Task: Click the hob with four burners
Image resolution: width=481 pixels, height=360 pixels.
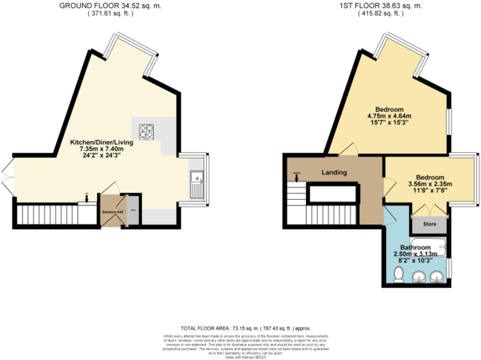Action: click(x=146, y=132)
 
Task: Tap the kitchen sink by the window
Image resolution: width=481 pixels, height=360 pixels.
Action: click(x=196, y=184)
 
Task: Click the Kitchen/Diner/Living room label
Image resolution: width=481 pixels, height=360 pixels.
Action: click(x=102, y=142)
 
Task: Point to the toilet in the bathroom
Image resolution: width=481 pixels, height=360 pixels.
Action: click(x=399, y=275)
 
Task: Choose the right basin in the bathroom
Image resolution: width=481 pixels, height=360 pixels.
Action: click(x=436, y=276)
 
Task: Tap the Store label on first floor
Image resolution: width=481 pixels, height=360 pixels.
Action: click(x=429, y=224)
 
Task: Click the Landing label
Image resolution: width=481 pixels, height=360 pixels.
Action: click(x=334, y=172)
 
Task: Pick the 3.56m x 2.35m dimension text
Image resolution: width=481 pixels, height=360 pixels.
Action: click(x=430, y=184)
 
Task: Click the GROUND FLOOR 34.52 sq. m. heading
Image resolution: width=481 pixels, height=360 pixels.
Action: click(x=110, y=6)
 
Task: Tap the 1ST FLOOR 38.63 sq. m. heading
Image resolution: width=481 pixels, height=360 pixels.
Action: click(x=380, y=6)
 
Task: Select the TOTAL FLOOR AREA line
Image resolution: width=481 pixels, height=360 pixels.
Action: click(x=245, y=328)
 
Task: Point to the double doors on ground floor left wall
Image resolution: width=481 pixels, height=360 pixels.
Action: click(x=8, y=177)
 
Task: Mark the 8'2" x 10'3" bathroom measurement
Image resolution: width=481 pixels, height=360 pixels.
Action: click(x=415, y=260)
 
